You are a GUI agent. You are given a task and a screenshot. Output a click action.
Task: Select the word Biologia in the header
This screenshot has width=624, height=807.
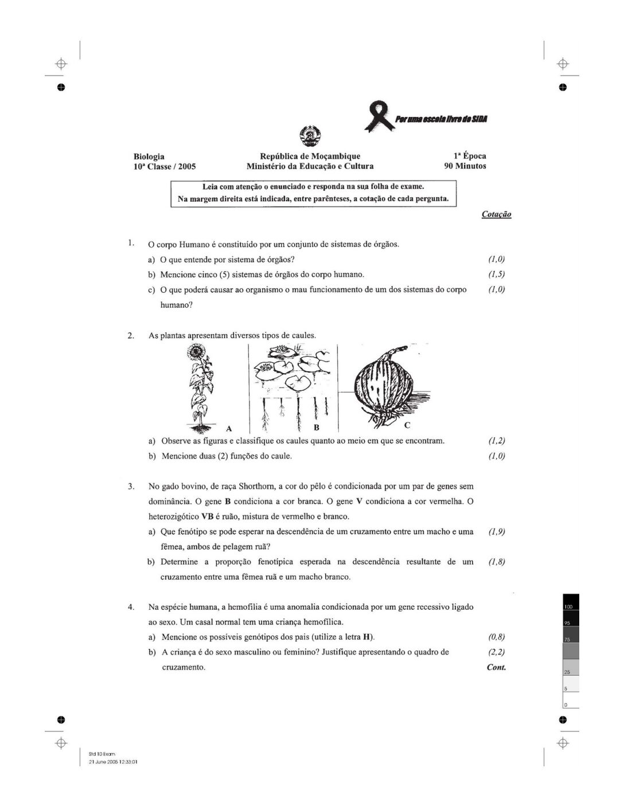coord(149,156)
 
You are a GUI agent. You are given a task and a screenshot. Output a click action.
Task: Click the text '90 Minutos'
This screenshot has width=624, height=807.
coord(465,166)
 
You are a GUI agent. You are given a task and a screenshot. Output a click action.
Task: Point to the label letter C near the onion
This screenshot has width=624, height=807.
coord(407,425)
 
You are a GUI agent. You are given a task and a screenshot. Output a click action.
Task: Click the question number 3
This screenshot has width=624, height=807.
coord(131,487)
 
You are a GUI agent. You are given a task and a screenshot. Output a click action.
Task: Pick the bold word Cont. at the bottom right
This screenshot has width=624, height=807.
coord(496,667)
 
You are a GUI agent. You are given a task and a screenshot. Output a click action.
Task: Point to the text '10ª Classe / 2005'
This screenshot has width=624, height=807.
coord(165,167)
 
